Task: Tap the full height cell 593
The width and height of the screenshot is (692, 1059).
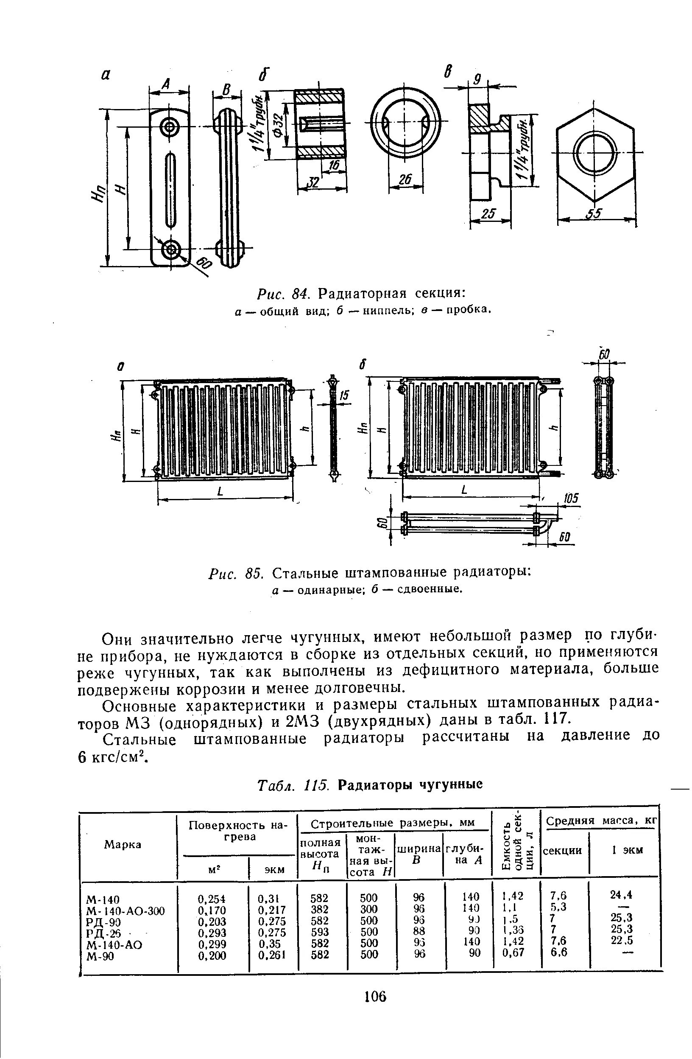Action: pos(320,932)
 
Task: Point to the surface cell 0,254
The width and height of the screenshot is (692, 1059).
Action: pos(212,899)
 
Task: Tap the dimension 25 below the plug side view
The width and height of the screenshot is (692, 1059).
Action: pos(488,214)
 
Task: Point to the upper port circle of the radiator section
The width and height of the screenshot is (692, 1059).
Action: pos(170,128)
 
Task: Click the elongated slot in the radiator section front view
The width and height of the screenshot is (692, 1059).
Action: pos(170,189)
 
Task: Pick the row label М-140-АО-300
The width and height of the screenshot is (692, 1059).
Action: pos(126,911)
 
